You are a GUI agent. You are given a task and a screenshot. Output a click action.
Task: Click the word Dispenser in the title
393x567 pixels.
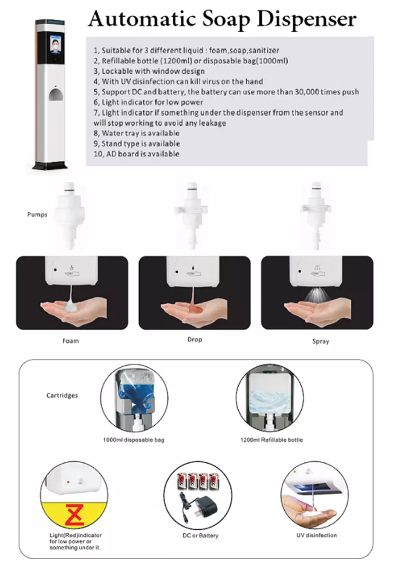(x=307, y=19)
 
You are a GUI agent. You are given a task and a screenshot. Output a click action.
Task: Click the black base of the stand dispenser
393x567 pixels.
(x=50, y=166)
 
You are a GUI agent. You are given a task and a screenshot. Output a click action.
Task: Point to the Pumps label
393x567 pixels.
(x=37, y=215)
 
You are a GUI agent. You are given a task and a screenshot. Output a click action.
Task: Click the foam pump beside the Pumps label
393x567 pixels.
(x=70, y=216)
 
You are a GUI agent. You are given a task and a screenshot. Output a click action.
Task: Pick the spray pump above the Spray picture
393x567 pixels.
(x=316, y=216)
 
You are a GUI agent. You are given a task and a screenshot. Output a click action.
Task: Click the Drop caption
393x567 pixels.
(x=195, y=340)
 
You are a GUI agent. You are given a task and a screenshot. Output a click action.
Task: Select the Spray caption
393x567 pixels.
(x=320, y=342)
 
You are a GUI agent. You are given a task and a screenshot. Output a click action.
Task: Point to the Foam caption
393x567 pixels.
(x=71, y=341)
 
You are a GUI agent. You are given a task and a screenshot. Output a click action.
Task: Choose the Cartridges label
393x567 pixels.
(x=62, y=395)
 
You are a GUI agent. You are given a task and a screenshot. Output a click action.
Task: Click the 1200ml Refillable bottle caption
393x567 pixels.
(x=271, y=439)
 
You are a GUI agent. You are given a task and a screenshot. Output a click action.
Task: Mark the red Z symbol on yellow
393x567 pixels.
(x=75, y=514)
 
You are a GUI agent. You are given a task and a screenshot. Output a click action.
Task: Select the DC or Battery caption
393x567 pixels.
(x=200, y=535)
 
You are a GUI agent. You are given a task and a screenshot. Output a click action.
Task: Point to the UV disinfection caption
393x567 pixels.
(x=316, y=535)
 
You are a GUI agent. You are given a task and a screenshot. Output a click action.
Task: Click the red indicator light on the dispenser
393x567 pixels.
(x=68, y=482)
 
